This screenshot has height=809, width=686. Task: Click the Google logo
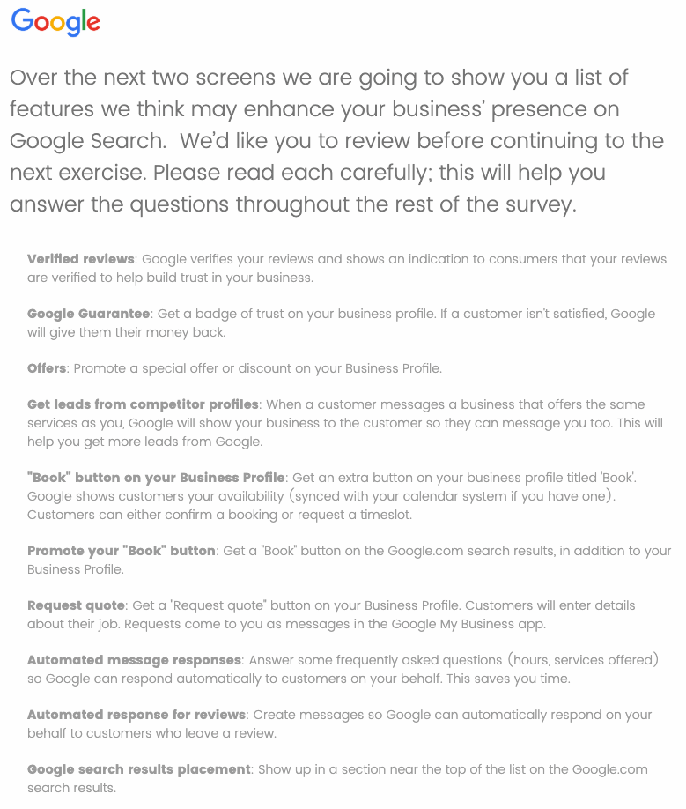[55, 23]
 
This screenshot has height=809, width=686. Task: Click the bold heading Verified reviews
[81, 259]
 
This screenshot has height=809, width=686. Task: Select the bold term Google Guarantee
[89, 314]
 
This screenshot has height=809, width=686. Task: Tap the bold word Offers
[47, 368]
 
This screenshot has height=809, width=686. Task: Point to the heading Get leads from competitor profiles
[143, 404]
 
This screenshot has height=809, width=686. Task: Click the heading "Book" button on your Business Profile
[156, 478]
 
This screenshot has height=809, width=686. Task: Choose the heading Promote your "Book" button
[122, 551]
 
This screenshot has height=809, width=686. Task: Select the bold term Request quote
[77, 605]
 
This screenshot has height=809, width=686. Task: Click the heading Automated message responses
[134, 660]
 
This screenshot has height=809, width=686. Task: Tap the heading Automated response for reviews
[136, 715]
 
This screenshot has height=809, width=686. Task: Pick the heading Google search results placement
[139, 769]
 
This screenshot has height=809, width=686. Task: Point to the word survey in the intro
[535, 205]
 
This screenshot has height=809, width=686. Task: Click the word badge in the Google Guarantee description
[206, 314]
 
